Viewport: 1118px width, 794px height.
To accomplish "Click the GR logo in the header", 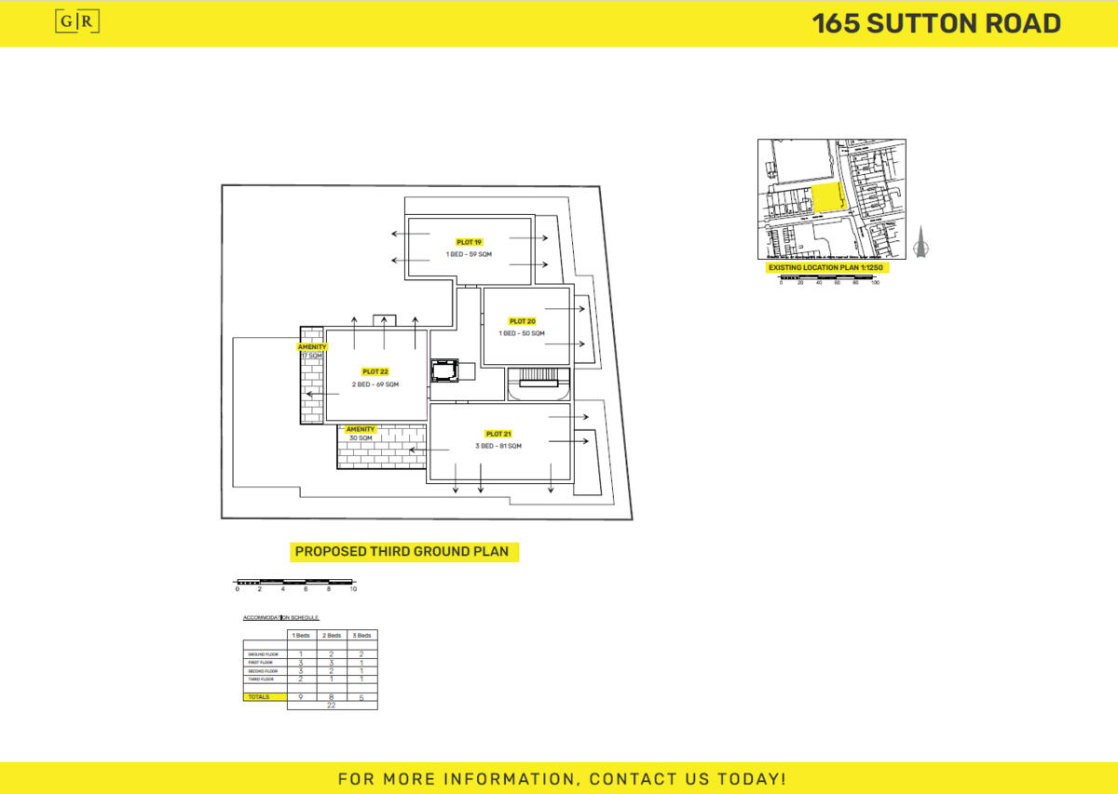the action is [x=78, y=23].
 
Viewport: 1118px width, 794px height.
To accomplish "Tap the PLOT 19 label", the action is [x=469, y=242].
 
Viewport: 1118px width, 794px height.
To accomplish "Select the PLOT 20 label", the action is [x=522, y=321].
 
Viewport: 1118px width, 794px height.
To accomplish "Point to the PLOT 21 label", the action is [x=498, y=434].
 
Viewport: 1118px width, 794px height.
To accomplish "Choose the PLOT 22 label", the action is [x=375, y=371].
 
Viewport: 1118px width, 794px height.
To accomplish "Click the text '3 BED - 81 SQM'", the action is [x=498, y=447].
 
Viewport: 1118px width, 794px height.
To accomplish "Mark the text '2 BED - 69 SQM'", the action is [x=375, y=384].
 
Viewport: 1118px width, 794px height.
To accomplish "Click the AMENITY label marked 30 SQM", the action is [x=361, y=429].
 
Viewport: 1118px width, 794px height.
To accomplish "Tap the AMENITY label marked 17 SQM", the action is [x=312, y=346].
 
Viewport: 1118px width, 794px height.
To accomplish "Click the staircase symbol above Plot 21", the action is [x=538, y=376].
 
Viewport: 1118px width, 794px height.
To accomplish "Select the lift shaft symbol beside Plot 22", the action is [x=444, y=370].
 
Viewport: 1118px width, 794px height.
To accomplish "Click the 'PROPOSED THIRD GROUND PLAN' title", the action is [x=402, y=552].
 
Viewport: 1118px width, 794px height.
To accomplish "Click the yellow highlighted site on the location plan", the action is [x=827, y=198].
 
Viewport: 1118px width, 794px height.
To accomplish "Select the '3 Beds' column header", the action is [x=361, y=635].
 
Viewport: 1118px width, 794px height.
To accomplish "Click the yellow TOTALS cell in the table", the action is [x=265, y=696].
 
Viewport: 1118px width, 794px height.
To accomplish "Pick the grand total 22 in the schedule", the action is [x=332, y=706].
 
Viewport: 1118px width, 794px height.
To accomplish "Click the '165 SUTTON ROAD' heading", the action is [x=936, y=23].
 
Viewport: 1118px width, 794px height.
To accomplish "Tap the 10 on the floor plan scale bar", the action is [x=353, y=589].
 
